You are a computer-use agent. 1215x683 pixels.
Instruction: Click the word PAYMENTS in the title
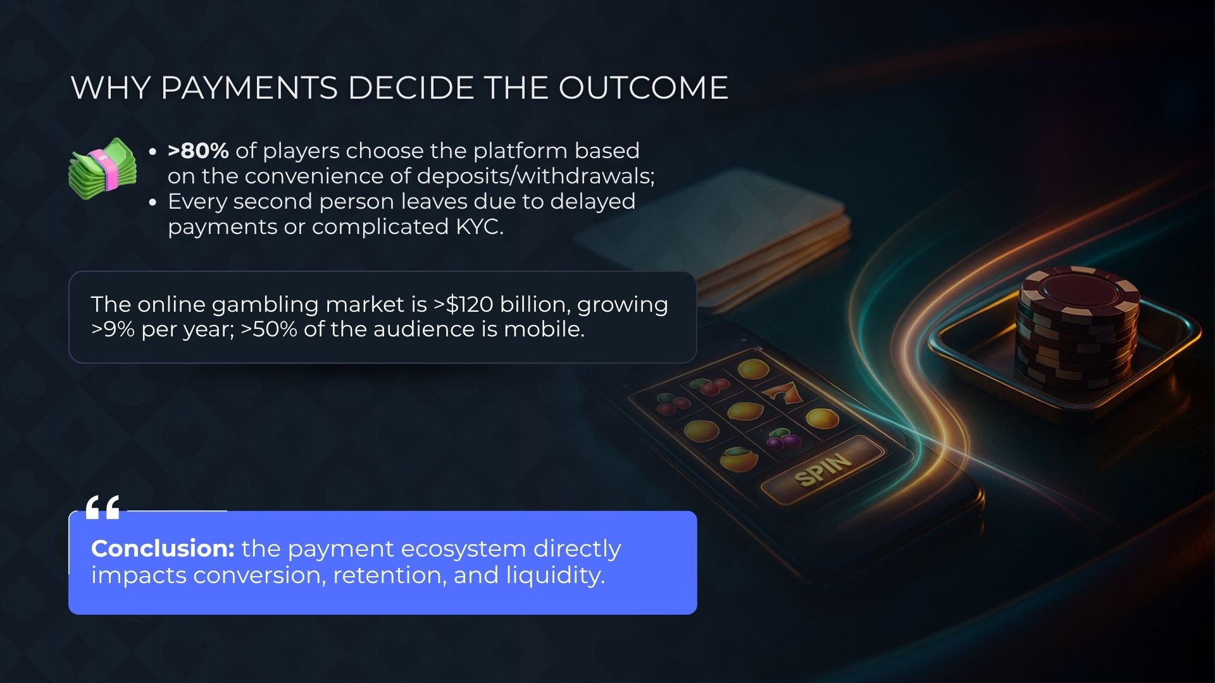(x=249, y=87)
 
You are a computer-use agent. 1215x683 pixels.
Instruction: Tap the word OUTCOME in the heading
(x=643, y=87)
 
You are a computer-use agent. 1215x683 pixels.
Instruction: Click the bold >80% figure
(x=198, y=151)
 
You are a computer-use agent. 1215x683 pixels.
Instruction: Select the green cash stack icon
(x=103, y=168)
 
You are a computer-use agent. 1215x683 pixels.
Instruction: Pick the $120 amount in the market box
(x=470, y=304)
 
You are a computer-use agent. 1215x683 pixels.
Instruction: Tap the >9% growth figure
(x=113, y=329)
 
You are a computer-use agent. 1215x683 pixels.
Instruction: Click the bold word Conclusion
(x=163, y=548)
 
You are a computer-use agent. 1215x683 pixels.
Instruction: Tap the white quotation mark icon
(x=103, y=507)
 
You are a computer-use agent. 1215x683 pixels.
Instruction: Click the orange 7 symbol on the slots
(x=783, y=391)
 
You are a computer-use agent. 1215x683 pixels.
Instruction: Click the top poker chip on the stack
(x=1080, y=292)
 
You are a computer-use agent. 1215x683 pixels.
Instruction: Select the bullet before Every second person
(x=153, y=202)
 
